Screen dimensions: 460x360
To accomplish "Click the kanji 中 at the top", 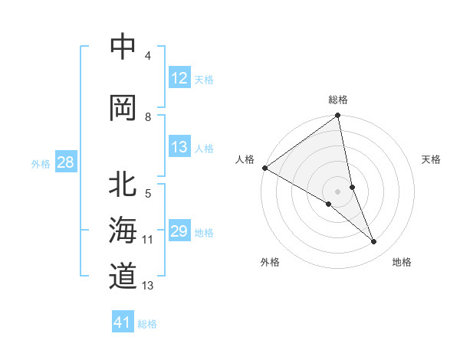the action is [x=123, y=47].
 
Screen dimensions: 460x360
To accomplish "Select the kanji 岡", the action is [x=123, y=108].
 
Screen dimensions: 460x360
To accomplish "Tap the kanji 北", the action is [x=123, y=185].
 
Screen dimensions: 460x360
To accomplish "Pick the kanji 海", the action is [x=123, y=231].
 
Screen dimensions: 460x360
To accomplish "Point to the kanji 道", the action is [x=123, y=276].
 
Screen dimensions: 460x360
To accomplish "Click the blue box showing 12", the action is [x=179, y=78].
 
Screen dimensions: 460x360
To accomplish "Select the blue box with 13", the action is [x=179, y=148].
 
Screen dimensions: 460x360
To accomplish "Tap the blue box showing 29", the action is [x=179, y=232].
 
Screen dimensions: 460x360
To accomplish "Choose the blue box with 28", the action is [x=65, y=162].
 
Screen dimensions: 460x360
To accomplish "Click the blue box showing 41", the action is [x=123, y=322].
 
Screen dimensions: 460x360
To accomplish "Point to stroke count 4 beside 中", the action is [x=148, y=57].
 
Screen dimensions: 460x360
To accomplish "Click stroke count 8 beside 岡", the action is [x=148, y=117].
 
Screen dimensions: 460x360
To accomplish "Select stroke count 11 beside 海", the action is [x=148, y=240].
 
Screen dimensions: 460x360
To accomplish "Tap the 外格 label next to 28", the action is [x=41, y=163].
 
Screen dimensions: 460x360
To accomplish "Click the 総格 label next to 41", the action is [x=147, y=323].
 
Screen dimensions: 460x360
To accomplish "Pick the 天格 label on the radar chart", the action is [x=432, y=159].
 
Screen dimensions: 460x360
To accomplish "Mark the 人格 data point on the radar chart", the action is [x=264, y=168].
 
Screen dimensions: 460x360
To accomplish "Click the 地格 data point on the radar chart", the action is [x=374, y=242].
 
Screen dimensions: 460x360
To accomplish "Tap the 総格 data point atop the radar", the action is [x=338, y=116].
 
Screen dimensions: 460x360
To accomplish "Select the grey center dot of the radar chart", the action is [x=337, y=190].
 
